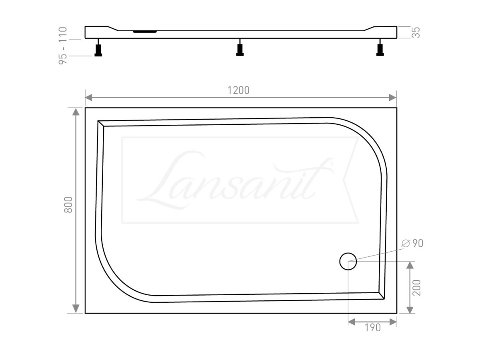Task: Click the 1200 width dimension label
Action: click(238, 90)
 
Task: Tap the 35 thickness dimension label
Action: click(416, 32)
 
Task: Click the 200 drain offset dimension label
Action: click(417, 287)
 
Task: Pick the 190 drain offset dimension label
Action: click(372, 328)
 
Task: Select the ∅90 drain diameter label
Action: click(412, 243)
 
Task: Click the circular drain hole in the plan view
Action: click(348, 261)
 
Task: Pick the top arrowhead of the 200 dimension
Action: click(409, 265)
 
